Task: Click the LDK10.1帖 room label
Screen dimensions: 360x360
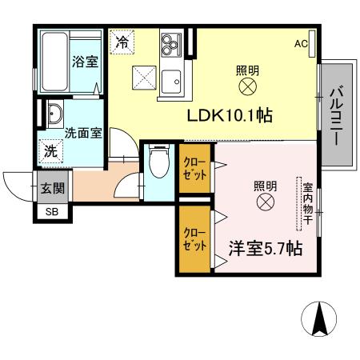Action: tap(231, 115)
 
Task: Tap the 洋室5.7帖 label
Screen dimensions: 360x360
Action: tap(265, 249)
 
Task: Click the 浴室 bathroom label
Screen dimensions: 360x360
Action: tap(84, 61)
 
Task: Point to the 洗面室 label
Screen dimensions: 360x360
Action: tap(83, 134)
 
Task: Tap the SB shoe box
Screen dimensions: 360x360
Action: tap(51, 212)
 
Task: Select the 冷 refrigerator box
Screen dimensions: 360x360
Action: tap(122, 42)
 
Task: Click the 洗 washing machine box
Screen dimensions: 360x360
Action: tap(50, 150)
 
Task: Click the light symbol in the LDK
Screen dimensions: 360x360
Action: tap(247, 86)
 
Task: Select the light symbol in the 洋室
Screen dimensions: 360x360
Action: tap(265, 203)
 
